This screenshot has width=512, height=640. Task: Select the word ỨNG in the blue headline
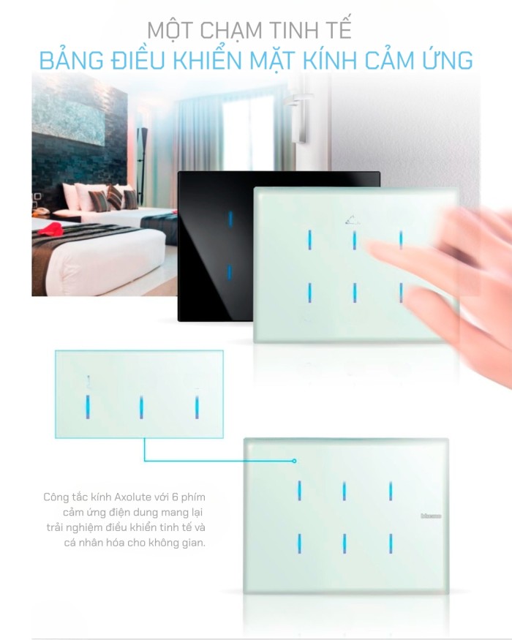447,61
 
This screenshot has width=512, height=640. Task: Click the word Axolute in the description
132,497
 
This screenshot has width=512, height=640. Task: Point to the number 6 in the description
175,497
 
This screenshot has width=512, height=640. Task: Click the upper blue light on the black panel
230,219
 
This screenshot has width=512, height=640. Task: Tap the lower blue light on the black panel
230,273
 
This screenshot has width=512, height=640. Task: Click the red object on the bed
50,230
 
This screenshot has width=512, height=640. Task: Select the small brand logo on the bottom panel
431,516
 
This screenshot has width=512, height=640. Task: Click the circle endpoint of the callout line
294,461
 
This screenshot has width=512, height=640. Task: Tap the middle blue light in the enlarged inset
141,407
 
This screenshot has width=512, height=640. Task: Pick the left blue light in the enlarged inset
87,407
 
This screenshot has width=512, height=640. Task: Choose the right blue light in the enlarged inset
197,407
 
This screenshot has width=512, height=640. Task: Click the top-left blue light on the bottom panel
299,491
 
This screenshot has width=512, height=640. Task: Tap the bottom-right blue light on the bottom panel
391,543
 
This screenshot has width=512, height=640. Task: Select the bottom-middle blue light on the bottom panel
345,543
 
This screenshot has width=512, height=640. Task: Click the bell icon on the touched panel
352,221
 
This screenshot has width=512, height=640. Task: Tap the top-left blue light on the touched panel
309,240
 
